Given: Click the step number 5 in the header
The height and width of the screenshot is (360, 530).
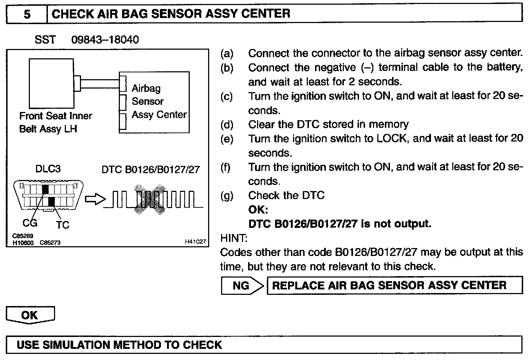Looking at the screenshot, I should [27, 14].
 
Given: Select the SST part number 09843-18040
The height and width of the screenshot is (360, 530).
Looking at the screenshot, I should [105, 39].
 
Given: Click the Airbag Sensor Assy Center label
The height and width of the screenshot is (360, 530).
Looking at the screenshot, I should [159, 102].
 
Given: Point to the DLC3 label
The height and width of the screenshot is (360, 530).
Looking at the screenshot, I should [48, 169].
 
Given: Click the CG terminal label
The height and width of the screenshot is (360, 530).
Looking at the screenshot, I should [30, 223].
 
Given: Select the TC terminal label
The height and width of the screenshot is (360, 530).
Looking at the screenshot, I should [62, 225].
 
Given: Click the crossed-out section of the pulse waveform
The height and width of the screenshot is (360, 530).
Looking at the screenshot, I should [149, 200].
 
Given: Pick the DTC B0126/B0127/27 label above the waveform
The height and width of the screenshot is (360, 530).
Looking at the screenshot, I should [151, 169].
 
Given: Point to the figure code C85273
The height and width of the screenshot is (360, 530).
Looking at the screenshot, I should [50, 243].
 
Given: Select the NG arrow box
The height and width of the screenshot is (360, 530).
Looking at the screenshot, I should [242, 286].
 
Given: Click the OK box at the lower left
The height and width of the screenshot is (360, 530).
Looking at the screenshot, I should [30, 315].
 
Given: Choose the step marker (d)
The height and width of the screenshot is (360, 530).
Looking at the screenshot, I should [227, 125].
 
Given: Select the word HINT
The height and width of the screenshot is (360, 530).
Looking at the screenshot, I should [234, 238].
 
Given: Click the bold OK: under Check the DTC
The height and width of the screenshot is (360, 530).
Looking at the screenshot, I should [258, 210].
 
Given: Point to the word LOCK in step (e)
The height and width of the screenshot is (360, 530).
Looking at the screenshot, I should [392, 139].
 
